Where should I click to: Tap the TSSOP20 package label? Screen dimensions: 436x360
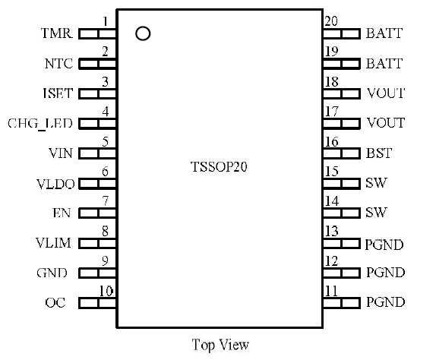tap(219, 167)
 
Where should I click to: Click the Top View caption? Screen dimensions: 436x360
tap(220, 345)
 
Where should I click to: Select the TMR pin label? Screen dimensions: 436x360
tap(57, 33)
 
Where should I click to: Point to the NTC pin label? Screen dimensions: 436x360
tap(59, 63)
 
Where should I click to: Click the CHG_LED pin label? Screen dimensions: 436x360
tap(40, 123)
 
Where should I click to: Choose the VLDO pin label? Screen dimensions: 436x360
tap(55, 184)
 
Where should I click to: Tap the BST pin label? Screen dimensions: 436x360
tap(379, 153)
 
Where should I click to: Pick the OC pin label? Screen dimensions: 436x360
tap(55, 302)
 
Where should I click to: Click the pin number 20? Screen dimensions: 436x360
tap(331, 21)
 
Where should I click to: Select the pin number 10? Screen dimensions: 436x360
tap(106, 291)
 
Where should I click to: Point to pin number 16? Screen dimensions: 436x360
tap(331, 142)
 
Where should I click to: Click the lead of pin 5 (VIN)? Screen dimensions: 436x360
tap(97, 153)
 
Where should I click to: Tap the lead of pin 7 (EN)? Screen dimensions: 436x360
tap(97, 213)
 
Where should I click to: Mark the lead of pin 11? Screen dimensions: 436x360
tap(342, 303)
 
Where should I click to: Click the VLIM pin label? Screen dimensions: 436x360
tap(53, 243)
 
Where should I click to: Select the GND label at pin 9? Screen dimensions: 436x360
tap(52, 273)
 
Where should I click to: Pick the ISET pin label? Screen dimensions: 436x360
tap(58, 93)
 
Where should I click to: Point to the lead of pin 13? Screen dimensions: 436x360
tap(342, 244)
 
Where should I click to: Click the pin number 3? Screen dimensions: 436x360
tap(105, 82)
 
